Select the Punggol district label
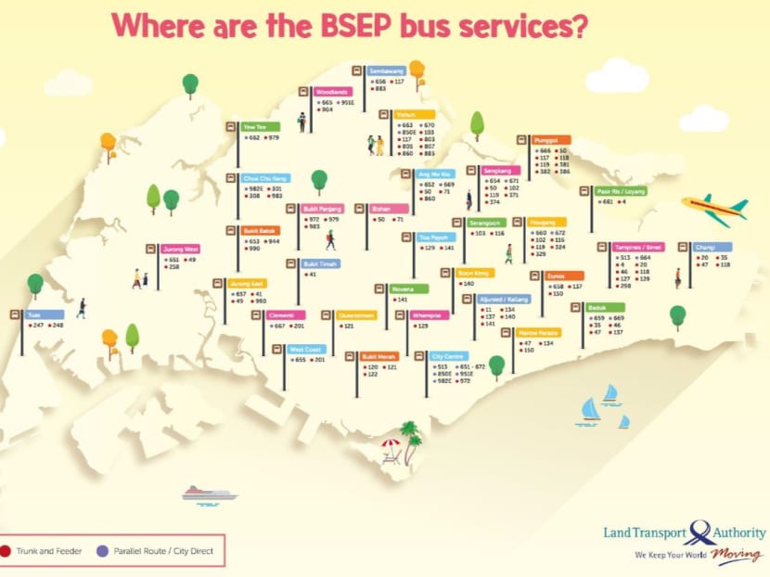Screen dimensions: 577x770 point(552,140)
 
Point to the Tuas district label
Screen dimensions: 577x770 point(45,315)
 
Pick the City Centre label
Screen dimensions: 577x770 point(450,356)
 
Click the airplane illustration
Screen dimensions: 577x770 point(714,210)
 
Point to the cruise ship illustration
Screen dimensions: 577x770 point(209,494)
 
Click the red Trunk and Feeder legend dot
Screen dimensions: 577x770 point(6,551)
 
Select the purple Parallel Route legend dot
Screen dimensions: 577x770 point(103,551)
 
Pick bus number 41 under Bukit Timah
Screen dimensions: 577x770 point(313,275)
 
